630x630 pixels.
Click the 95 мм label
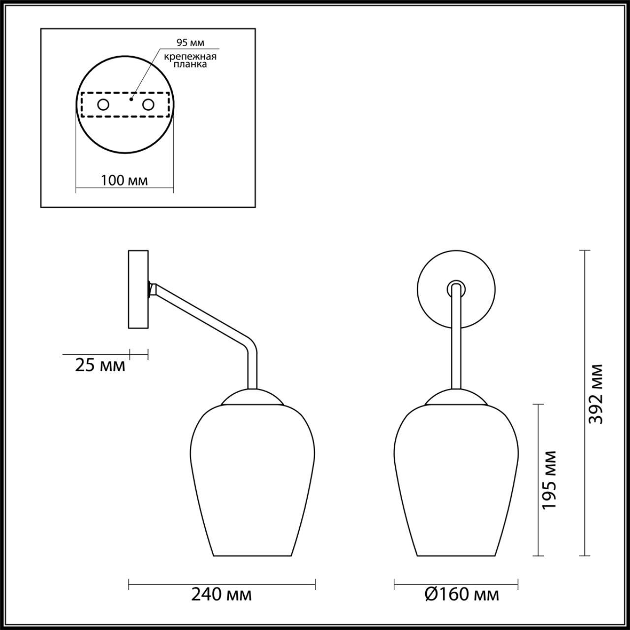190,42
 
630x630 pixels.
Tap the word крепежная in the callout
190,57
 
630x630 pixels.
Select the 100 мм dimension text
125,180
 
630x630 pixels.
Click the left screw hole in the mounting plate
103,104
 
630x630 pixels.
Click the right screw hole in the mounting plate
148,104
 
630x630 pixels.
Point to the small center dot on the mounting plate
130,99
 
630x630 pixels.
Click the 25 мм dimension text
100,366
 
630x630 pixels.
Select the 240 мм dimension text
221,595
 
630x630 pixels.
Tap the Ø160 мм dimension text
461,595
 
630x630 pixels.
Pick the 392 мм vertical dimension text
597,394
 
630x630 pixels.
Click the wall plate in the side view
138,289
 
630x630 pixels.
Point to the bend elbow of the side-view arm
250,347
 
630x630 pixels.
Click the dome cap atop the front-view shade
456,397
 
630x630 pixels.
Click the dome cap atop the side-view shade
252,397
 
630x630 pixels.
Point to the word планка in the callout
190,64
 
